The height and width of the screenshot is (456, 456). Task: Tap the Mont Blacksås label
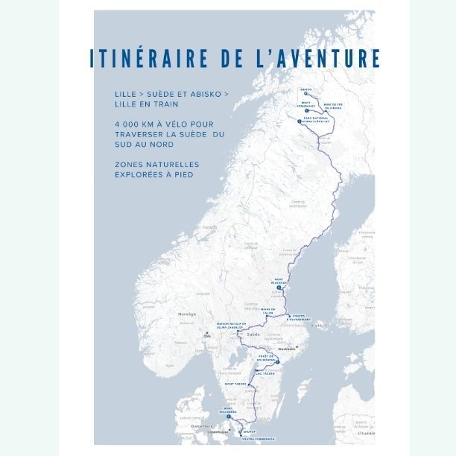[x=283, y=280]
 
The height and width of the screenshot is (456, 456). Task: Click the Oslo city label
[x=207, y=336]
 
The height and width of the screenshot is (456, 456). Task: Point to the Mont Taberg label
[x=235, y=383]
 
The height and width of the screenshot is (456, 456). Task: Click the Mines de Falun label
[x=267, y=311]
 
